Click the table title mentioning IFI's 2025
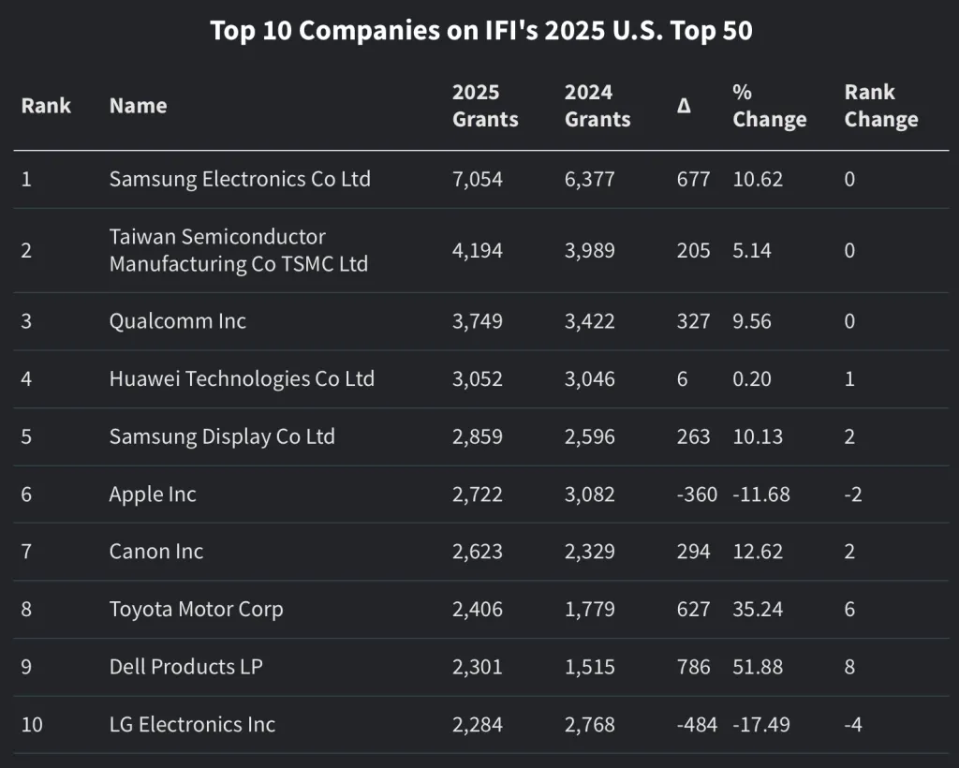480,31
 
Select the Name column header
138,106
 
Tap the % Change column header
769,106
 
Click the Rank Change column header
880,106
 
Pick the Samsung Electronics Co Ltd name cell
240,179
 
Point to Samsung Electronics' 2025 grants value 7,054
477,179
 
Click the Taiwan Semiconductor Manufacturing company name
238,250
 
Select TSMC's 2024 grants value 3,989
589,250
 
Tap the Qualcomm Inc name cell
177,321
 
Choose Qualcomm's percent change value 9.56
752,321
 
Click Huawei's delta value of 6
682,378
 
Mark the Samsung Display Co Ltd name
222,436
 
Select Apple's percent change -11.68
760,494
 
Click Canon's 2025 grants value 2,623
477,552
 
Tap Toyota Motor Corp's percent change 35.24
758,609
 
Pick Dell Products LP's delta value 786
693,667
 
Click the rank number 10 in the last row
32,724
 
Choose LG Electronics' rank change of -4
852,724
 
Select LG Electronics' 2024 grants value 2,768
589,724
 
